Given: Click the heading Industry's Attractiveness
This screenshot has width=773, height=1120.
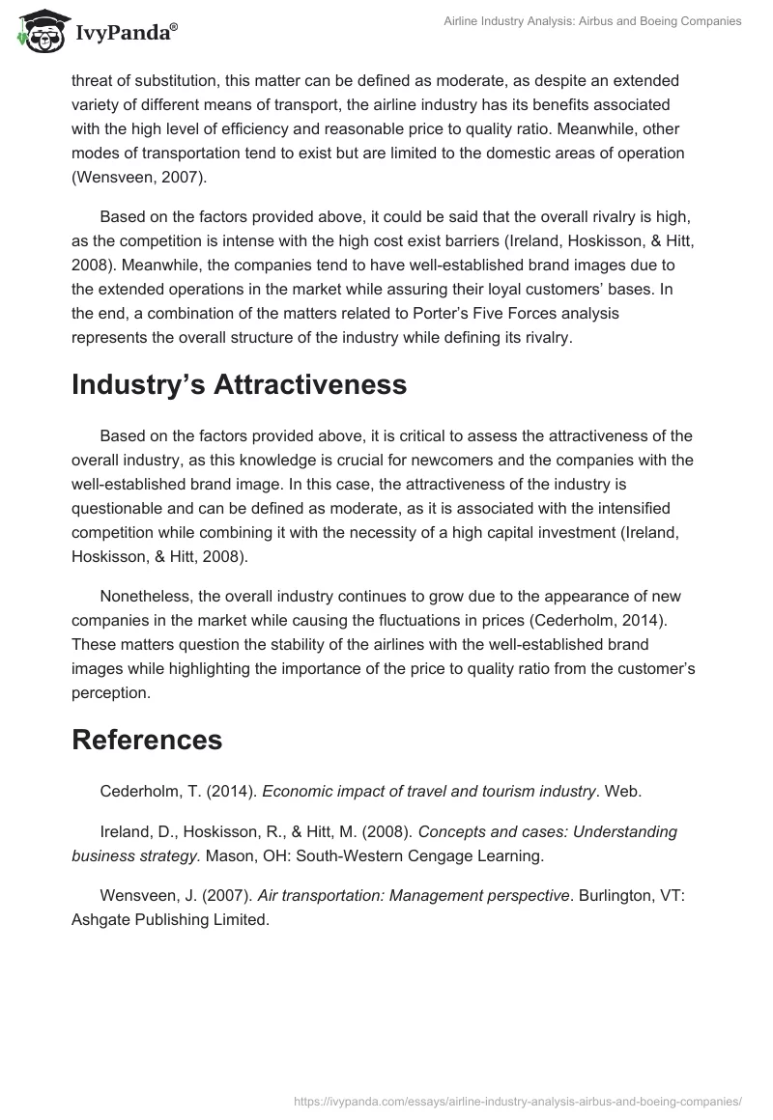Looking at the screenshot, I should click(239, 384).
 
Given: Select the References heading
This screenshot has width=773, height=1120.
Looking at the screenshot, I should click(147, 740).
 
